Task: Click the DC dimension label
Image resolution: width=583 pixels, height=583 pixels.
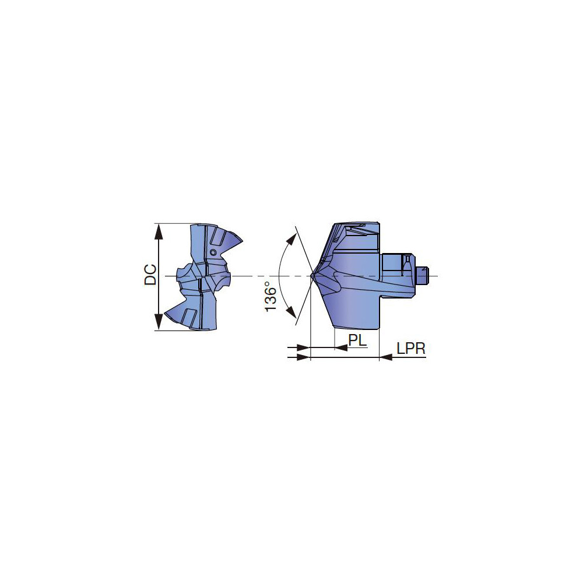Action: coord(150,275)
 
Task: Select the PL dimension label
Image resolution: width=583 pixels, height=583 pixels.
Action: coord(358,339)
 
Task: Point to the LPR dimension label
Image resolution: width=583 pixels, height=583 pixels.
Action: coord(411,349)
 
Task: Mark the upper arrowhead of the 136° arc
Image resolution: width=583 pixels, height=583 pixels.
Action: coord(290,239)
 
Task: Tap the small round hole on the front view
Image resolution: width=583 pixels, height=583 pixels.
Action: coord(213,252)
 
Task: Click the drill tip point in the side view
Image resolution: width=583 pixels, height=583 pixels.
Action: coord(312,276)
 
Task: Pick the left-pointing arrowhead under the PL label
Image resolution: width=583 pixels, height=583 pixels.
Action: coord(341,348)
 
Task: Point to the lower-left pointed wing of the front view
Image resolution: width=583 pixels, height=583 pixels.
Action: coord(170,315)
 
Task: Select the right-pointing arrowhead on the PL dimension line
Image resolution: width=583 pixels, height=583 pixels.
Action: coord(303,348)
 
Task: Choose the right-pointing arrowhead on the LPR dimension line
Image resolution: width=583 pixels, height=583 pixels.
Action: coord(303,357)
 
